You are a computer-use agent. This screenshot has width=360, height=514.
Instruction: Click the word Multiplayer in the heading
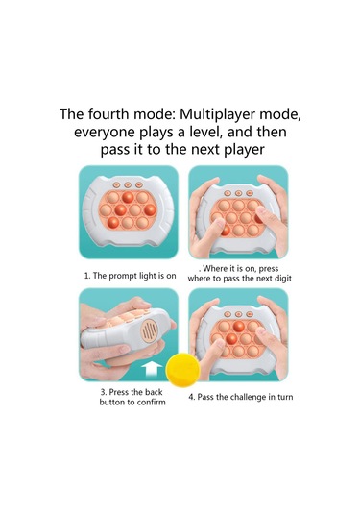(x=217, y=114)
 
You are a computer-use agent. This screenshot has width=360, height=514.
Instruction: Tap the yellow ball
(x=182, y=370)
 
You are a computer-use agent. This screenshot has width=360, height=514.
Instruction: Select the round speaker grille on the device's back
(x=149, y=330)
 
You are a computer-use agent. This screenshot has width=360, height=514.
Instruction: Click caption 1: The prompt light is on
(x=131, y=276)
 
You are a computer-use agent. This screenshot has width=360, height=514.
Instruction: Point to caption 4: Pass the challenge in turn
(x=240, y=397)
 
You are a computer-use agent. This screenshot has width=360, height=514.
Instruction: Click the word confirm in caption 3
(x=151, y=403)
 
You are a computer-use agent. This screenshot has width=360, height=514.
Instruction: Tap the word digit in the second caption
(x=282, y=279)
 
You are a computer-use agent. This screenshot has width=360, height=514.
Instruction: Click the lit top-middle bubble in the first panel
(x=128, y=197)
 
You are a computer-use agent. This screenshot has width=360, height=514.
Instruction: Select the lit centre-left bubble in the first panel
(x=120, y=209)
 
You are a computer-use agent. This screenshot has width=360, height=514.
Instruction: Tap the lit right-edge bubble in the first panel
(x=150, y=210)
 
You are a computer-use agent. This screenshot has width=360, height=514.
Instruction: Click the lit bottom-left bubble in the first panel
(x=113, y=223)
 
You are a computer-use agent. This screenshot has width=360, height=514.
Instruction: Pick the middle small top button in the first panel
(x=128, y=185)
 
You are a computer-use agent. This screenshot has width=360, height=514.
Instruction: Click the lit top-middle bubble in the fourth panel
(x=238, y=326)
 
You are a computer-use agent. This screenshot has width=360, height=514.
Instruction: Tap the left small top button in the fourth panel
(x=228, y=314)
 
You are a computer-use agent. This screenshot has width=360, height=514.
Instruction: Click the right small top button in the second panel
(x=250, y=193)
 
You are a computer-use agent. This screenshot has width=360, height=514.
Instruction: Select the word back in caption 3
(x=154, y=392)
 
